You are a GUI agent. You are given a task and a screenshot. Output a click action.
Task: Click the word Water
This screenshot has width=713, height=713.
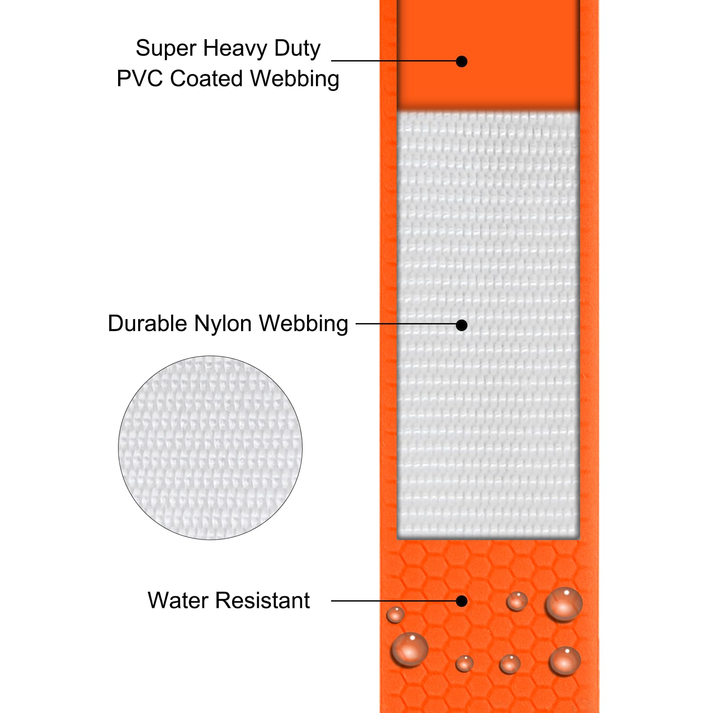(177, 600)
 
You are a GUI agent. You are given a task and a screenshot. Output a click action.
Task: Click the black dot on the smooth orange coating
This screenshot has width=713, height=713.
(462, 61)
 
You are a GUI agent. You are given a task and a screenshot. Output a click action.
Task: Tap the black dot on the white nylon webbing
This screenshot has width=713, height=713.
(462, 325)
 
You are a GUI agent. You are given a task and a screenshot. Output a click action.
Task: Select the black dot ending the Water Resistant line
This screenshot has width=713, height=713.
(462, 601)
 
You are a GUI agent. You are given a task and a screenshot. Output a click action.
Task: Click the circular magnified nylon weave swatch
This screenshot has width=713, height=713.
(210, 447)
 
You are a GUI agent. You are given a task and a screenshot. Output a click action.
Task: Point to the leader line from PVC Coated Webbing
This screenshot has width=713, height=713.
(394, 61)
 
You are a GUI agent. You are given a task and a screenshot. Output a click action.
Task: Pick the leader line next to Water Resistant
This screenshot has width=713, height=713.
(394, 601)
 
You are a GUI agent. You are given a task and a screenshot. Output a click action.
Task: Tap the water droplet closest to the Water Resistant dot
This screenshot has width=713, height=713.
(517, 601)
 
